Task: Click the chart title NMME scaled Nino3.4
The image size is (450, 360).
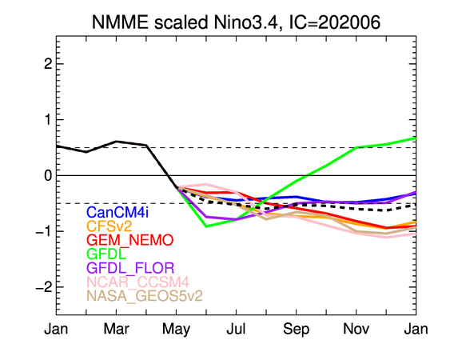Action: click(185, 22)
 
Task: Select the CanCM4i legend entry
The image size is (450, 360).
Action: click(117, 212)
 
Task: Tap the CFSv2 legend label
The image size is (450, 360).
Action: click(109, 226)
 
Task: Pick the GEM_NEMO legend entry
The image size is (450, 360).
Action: click(130, 240)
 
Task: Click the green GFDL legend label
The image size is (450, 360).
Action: click(106, 254)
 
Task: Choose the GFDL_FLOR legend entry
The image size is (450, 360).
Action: click(130, 268)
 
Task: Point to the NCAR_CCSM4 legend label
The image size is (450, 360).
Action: click(137, 282)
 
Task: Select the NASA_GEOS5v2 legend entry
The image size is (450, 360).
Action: click(145, 296)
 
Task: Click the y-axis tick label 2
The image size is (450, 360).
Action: click(48, 64)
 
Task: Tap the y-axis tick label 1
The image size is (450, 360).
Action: click(49, 120)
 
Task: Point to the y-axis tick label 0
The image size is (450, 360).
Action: click(48, 175)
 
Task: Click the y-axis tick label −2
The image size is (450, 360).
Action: click(44, 287)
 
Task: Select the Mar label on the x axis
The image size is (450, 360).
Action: click(116, 329)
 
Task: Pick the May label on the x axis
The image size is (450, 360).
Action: click(176, 330)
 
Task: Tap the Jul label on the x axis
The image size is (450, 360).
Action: click(236, 329)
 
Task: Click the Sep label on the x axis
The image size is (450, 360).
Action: click(297, 330)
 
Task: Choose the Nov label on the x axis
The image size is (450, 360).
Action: click(356, 329)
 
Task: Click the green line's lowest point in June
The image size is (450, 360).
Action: click(206, 226)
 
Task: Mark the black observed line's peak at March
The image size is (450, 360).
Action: click(116, 142)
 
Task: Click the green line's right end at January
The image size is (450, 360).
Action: click(416, 138)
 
